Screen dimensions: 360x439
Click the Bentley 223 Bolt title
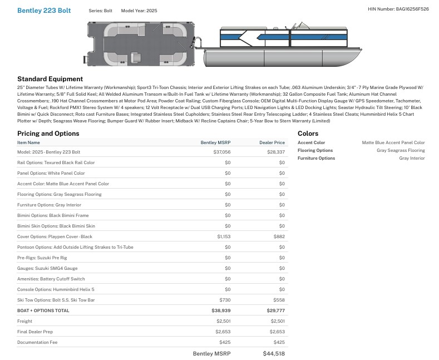coord(44,11)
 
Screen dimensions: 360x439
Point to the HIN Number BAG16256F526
coord(398,9)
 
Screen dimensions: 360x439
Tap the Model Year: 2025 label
coord(139,11)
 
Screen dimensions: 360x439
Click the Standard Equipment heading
coord(50,79)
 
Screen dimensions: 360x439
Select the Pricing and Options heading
coord(48,134)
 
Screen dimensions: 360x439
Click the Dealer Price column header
coord(272,142)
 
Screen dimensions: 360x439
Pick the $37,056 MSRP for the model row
coord(222,152)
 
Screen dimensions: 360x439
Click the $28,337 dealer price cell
coord(276,152)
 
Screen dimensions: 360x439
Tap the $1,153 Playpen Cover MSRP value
coord(224,236)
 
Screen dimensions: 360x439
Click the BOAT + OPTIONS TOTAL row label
coord(43,310)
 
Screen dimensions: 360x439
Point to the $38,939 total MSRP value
coord(221,310)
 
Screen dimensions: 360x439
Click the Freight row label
coord(24,321)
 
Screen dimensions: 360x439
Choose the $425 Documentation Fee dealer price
coord(279,342)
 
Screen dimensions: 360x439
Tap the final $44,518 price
coord(274,353)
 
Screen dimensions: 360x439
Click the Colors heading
coord(308,134)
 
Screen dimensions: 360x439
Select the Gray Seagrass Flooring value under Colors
coord(401,150)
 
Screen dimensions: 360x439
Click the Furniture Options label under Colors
coord(317,158)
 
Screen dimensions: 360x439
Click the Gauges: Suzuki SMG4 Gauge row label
coord(47,268)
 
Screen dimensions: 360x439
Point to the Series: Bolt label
coord(100,11)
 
